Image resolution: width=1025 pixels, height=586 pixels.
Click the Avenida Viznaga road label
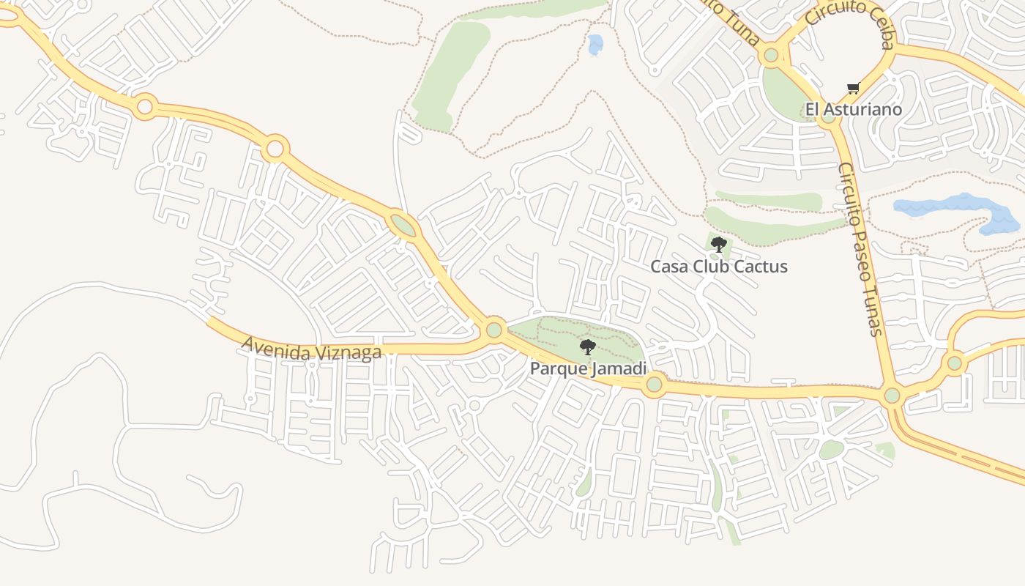[x=311, y=348]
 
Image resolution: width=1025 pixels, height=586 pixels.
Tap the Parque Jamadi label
[x=588, y=368]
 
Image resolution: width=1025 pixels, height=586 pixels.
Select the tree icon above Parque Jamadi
[x=587, y=347]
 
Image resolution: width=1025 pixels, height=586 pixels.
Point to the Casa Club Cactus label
[x=719, y=266]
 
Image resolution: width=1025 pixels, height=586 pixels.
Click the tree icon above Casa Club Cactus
[x=718, y=245]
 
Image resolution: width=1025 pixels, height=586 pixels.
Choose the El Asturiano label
[x=854, y=110]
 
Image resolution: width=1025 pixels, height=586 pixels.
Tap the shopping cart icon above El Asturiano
[x=853, y=89]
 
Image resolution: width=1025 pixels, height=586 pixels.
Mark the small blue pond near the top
[x=595, y=44]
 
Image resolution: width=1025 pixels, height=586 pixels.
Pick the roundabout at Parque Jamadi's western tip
[x=494, y=330]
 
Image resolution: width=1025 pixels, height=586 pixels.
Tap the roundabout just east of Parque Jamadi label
[x=655, y=384]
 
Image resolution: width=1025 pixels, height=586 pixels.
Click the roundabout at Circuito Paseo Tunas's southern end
[x=892, y=396]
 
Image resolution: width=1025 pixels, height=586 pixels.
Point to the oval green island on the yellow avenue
[x=402, y=225]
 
